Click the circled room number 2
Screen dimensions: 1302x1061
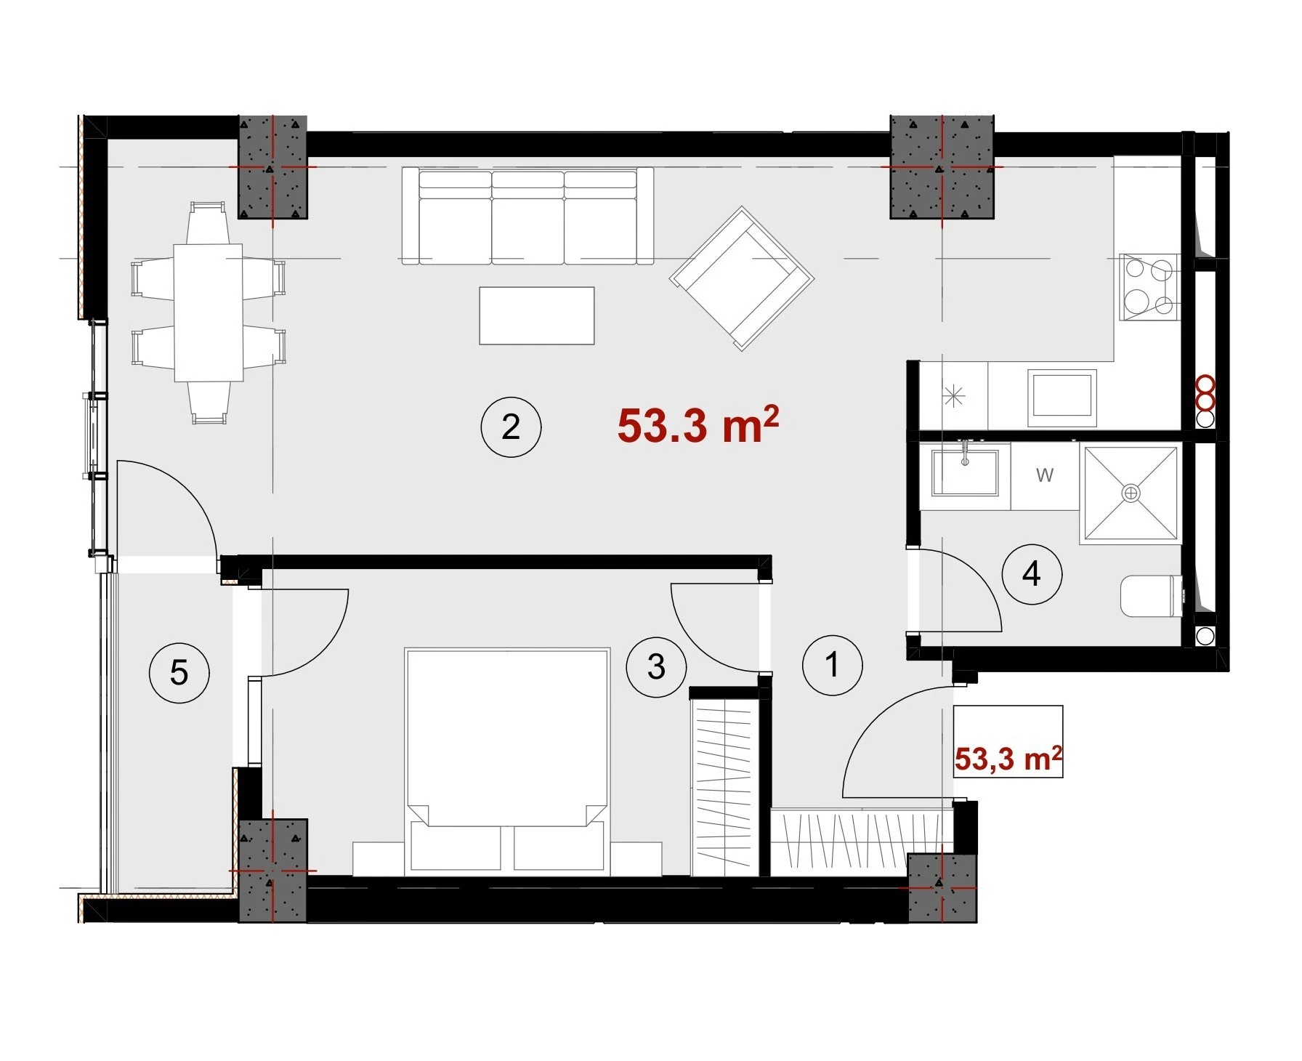[x=511, y=427]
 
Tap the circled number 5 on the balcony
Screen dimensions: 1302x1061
[x=179, y=672]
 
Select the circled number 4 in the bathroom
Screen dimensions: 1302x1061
[x=1032, y=574]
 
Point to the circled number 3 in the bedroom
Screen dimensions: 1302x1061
[x=656, y=666]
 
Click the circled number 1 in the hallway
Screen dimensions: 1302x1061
[x=833, y=664]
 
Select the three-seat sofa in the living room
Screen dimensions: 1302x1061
[x=527, y=216]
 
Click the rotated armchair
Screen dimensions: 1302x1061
[x=742, y=278]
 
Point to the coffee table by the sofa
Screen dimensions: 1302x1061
[x=537, y=315]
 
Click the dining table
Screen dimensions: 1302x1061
[x=209, y=312]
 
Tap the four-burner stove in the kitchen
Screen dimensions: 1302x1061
[x=1149, y=287]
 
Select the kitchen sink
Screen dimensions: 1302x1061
[x=1062, y=398]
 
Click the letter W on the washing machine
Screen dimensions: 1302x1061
[x=1045, y=475]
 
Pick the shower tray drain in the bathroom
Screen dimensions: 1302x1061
[x=1131, y=493]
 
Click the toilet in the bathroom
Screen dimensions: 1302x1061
[x=1152, y=596]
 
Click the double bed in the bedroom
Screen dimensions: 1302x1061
[x=507, y=760]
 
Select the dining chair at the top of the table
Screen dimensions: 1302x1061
[x=209, y=222]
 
